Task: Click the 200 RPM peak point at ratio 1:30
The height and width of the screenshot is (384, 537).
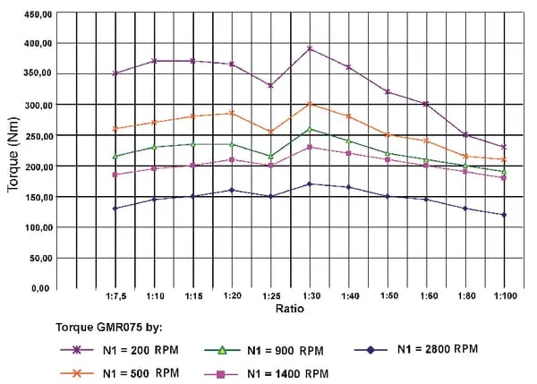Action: tap(309, 49)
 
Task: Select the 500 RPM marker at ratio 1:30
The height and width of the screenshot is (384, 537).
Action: tap(309, 105)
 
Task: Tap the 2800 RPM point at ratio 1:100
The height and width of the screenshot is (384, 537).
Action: tap(503, 215)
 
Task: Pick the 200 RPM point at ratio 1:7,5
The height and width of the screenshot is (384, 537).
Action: tap(115, 73)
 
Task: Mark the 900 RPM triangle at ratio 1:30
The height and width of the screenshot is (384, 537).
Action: tap(309, 129)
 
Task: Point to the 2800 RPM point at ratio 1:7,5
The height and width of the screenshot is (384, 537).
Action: tap(115, 209)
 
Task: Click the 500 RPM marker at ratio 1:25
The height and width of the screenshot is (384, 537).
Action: tap(270, 132)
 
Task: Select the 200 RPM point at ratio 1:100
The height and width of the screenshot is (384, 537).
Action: tap(503, 147)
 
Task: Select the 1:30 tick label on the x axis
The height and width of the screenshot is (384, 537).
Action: tap(309, 296)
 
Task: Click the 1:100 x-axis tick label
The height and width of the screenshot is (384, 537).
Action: tap(503, 296)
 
